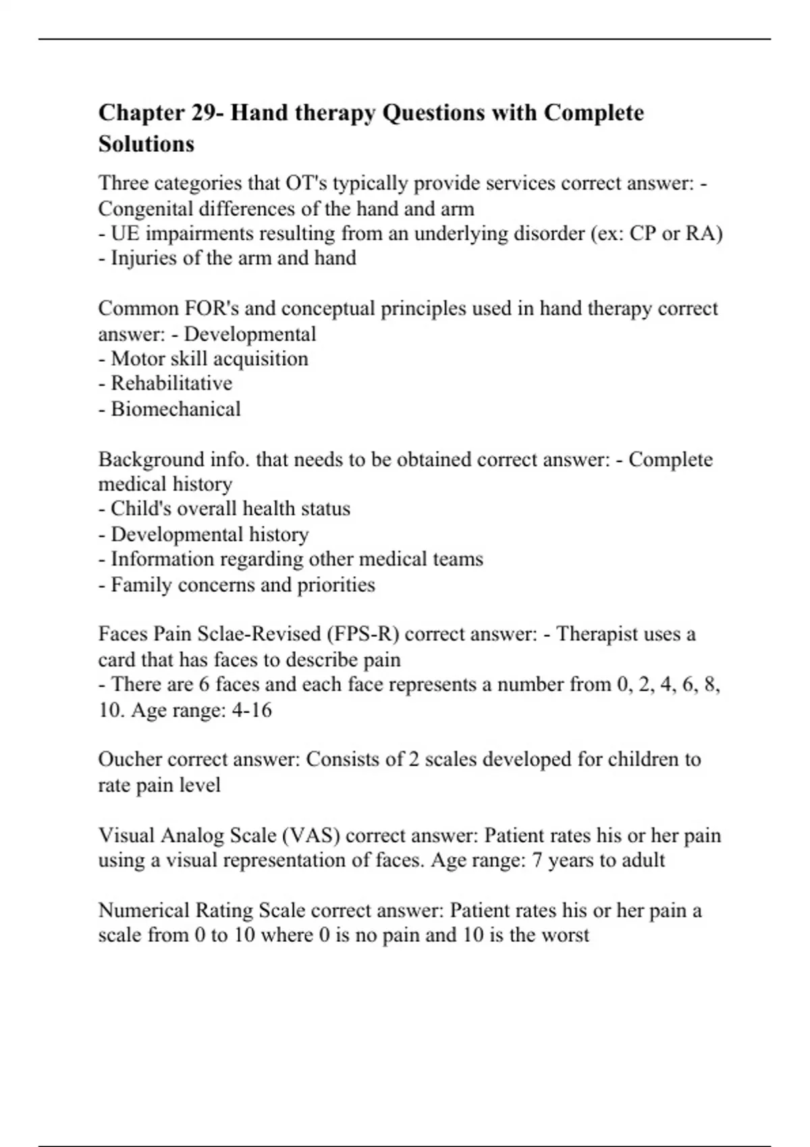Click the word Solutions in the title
(146, 144)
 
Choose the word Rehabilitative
(171, 383)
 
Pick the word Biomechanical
(175, 409)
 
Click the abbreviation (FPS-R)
(362, 634)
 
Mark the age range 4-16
(251, 710)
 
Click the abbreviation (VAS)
(310, 835)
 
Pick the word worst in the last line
(566, 935)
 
